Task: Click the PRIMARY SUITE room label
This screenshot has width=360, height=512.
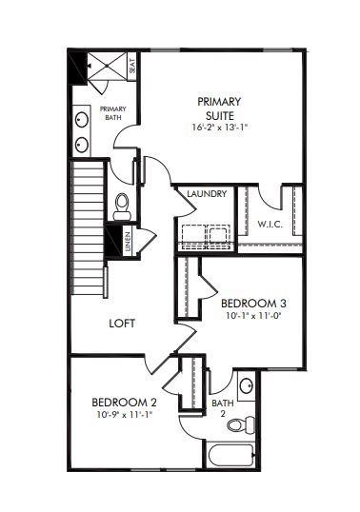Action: click(x=219, y=108)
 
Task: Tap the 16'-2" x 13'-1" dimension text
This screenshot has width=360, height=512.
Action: click(x=219, y=128)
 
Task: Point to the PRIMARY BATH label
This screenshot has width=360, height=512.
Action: click(x=113, y=113)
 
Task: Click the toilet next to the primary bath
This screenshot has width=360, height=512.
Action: click(x=121, y=204)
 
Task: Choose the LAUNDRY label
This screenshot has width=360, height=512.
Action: click(x=207, y=195)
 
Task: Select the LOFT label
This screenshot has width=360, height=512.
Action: click(x=121, y=323)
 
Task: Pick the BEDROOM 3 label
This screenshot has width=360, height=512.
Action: click(x=253, y=304)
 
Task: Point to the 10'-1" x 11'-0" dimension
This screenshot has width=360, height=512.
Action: click(x=253, y=316)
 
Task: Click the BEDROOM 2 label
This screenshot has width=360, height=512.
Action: click(x=124, y=403)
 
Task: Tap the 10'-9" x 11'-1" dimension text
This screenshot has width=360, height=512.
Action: click(x=124, y=415)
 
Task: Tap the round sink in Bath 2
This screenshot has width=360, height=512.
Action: click(x=247, y=385)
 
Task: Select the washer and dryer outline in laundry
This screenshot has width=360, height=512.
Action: click(x=207, y=233)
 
